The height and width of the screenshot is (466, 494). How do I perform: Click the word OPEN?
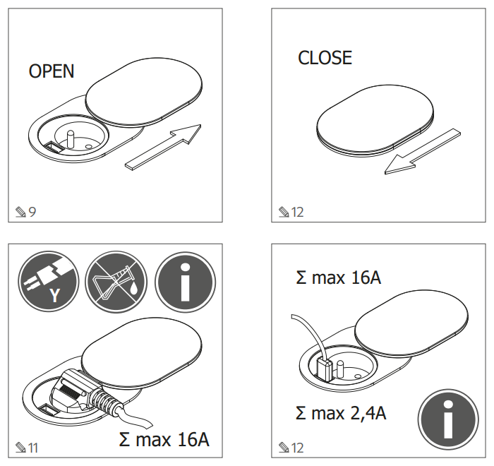52,71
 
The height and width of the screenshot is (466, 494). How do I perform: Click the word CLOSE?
325,58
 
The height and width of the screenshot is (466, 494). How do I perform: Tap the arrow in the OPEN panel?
163,148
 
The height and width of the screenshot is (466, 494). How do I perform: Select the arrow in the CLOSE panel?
423,151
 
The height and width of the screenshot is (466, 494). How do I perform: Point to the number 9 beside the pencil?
32,212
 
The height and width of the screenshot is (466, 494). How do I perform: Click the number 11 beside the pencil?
33,448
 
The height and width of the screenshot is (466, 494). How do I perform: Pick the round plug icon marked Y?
49,281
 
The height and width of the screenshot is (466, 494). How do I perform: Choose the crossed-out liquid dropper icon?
116,281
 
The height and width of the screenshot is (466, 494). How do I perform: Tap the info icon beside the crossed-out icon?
185,282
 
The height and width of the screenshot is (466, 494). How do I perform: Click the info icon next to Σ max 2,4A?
448,419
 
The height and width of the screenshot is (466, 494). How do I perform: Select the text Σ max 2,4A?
341,413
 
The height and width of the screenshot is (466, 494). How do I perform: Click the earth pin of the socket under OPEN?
71,140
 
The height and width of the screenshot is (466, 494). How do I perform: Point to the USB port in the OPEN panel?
52,148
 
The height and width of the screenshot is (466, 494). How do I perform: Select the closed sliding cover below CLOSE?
375,121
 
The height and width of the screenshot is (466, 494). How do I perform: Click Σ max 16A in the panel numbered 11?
164,439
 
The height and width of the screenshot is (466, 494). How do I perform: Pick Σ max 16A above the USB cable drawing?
338,277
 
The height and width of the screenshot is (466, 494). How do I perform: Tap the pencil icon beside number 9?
20,212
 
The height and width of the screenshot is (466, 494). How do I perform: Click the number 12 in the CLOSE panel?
297,212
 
